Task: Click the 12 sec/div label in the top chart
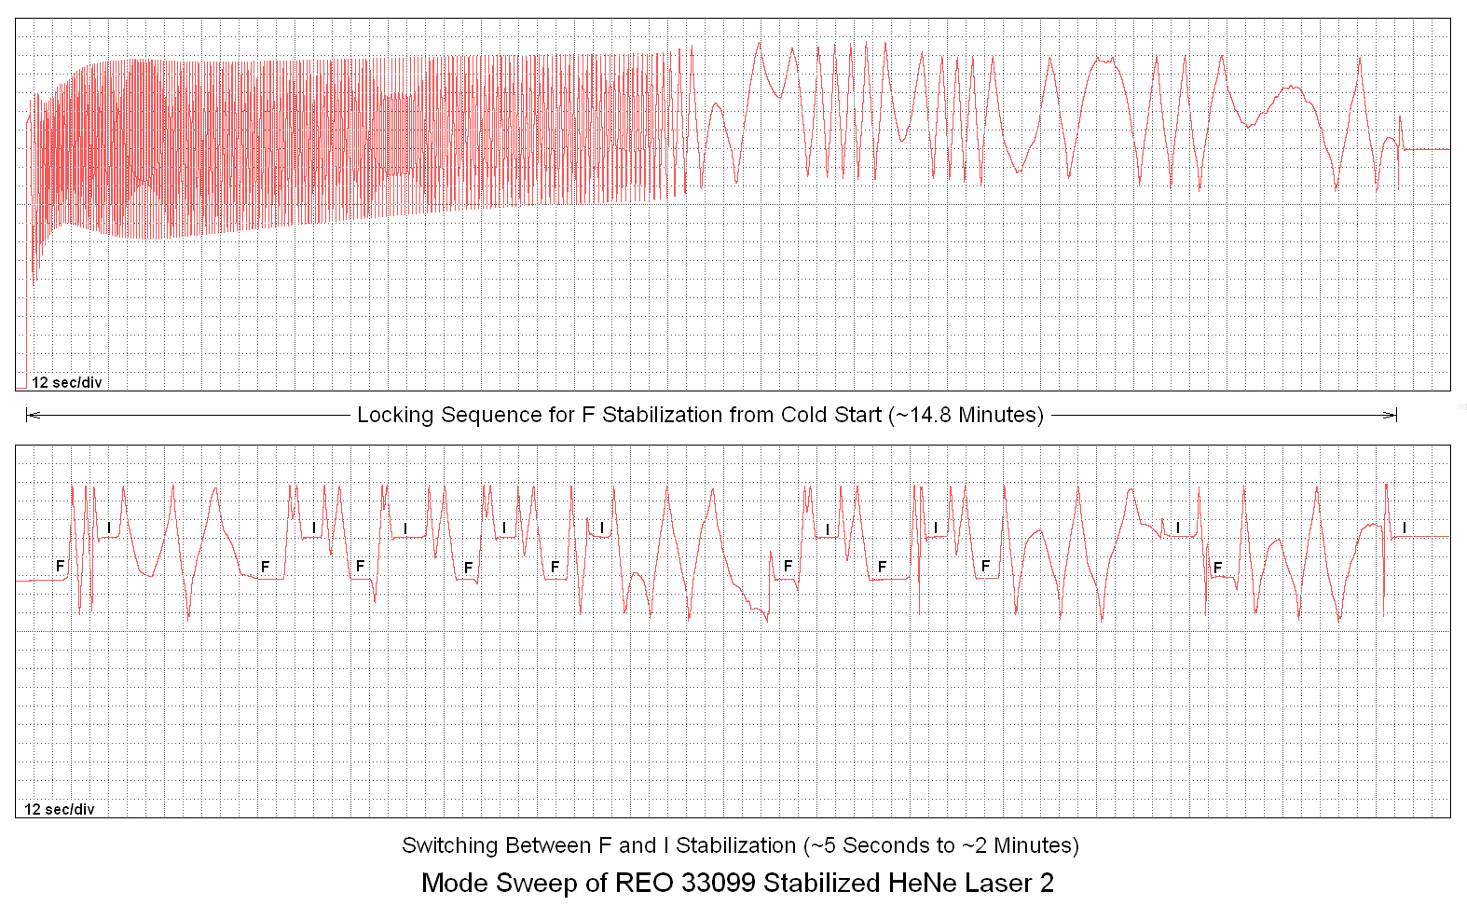point(66,382)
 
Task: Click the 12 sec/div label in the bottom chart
point(59,809)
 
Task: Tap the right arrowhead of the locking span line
point(1392,415)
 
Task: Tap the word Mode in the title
point(452,883)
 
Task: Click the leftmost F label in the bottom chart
point(61,566)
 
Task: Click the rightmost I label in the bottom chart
point(1405,528)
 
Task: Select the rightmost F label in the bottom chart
point(1217,567)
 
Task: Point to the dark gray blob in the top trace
point(399,136)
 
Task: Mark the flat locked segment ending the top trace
point(1426,149)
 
